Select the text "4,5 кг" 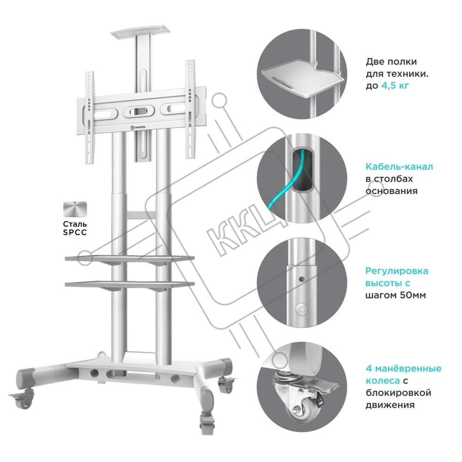point(395,86)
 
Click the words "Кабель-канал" point(399,167)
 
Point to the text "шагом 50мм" point(395,295)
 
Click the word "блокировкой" point(398,393)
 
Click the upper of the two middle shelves point(130,259)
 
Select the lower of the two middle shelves point(130,285)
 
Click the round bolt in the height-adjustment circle point(301,309)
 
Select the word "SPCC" point(75,233)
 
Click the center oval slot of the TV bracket point(136,111)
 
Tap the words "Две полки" point(391,62)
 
